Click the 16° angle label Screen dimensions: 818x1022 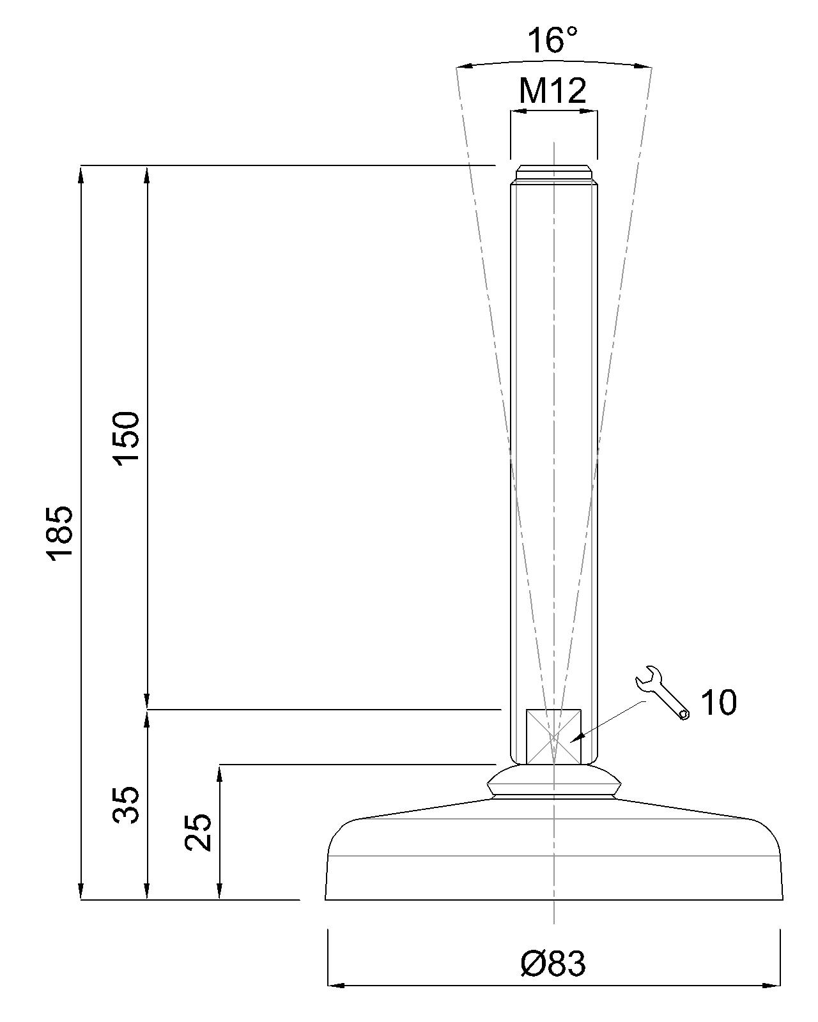click(553, 40)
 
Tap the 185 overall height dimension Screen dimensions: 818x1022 click(59, 534)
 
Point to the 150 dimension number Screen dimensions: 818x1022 click(126, 439)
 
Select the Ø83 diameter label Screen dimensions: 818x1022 click(553, 964)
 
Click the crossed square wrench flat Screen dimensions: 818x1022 click(553, 736)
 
